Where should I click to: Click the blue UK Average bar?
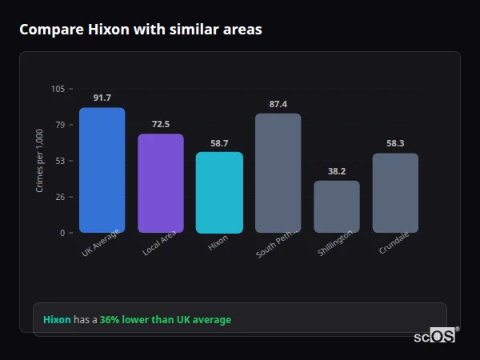(102, 170)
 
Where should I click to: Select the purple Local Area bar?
(161, 183)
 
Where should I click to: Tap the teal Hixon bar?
(219, 193)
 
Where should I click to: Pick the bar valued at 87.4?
(278, 173)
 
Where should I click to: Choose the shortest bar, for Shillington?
(337, 206)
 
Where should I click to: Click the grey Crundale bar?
(395, 193)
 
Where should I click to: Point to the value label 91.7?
(102, 98)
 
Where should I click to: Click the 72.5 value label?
(161, 124)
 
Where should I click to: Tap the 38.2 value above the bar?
(337, 171)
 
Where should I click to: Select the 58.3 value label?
(395, 143)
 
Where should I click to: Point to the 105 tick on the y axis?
(58, 89)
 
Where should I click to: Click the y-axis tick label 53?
(60, 161)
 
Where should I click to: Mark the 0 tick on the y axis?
(62, 233)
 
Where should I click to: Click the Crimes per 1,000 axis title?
(39, 161)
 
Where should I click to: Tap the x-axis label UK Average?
(101, 243)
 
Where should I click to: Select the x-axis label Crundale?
(394, 243)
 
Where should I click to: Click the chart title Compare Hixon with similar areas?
(140, 30)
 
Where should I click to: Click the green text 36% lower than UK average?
(165, 320)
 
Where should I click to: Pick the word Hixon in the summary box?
(57, 320)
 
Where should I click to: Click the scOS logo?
(435, 336)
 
